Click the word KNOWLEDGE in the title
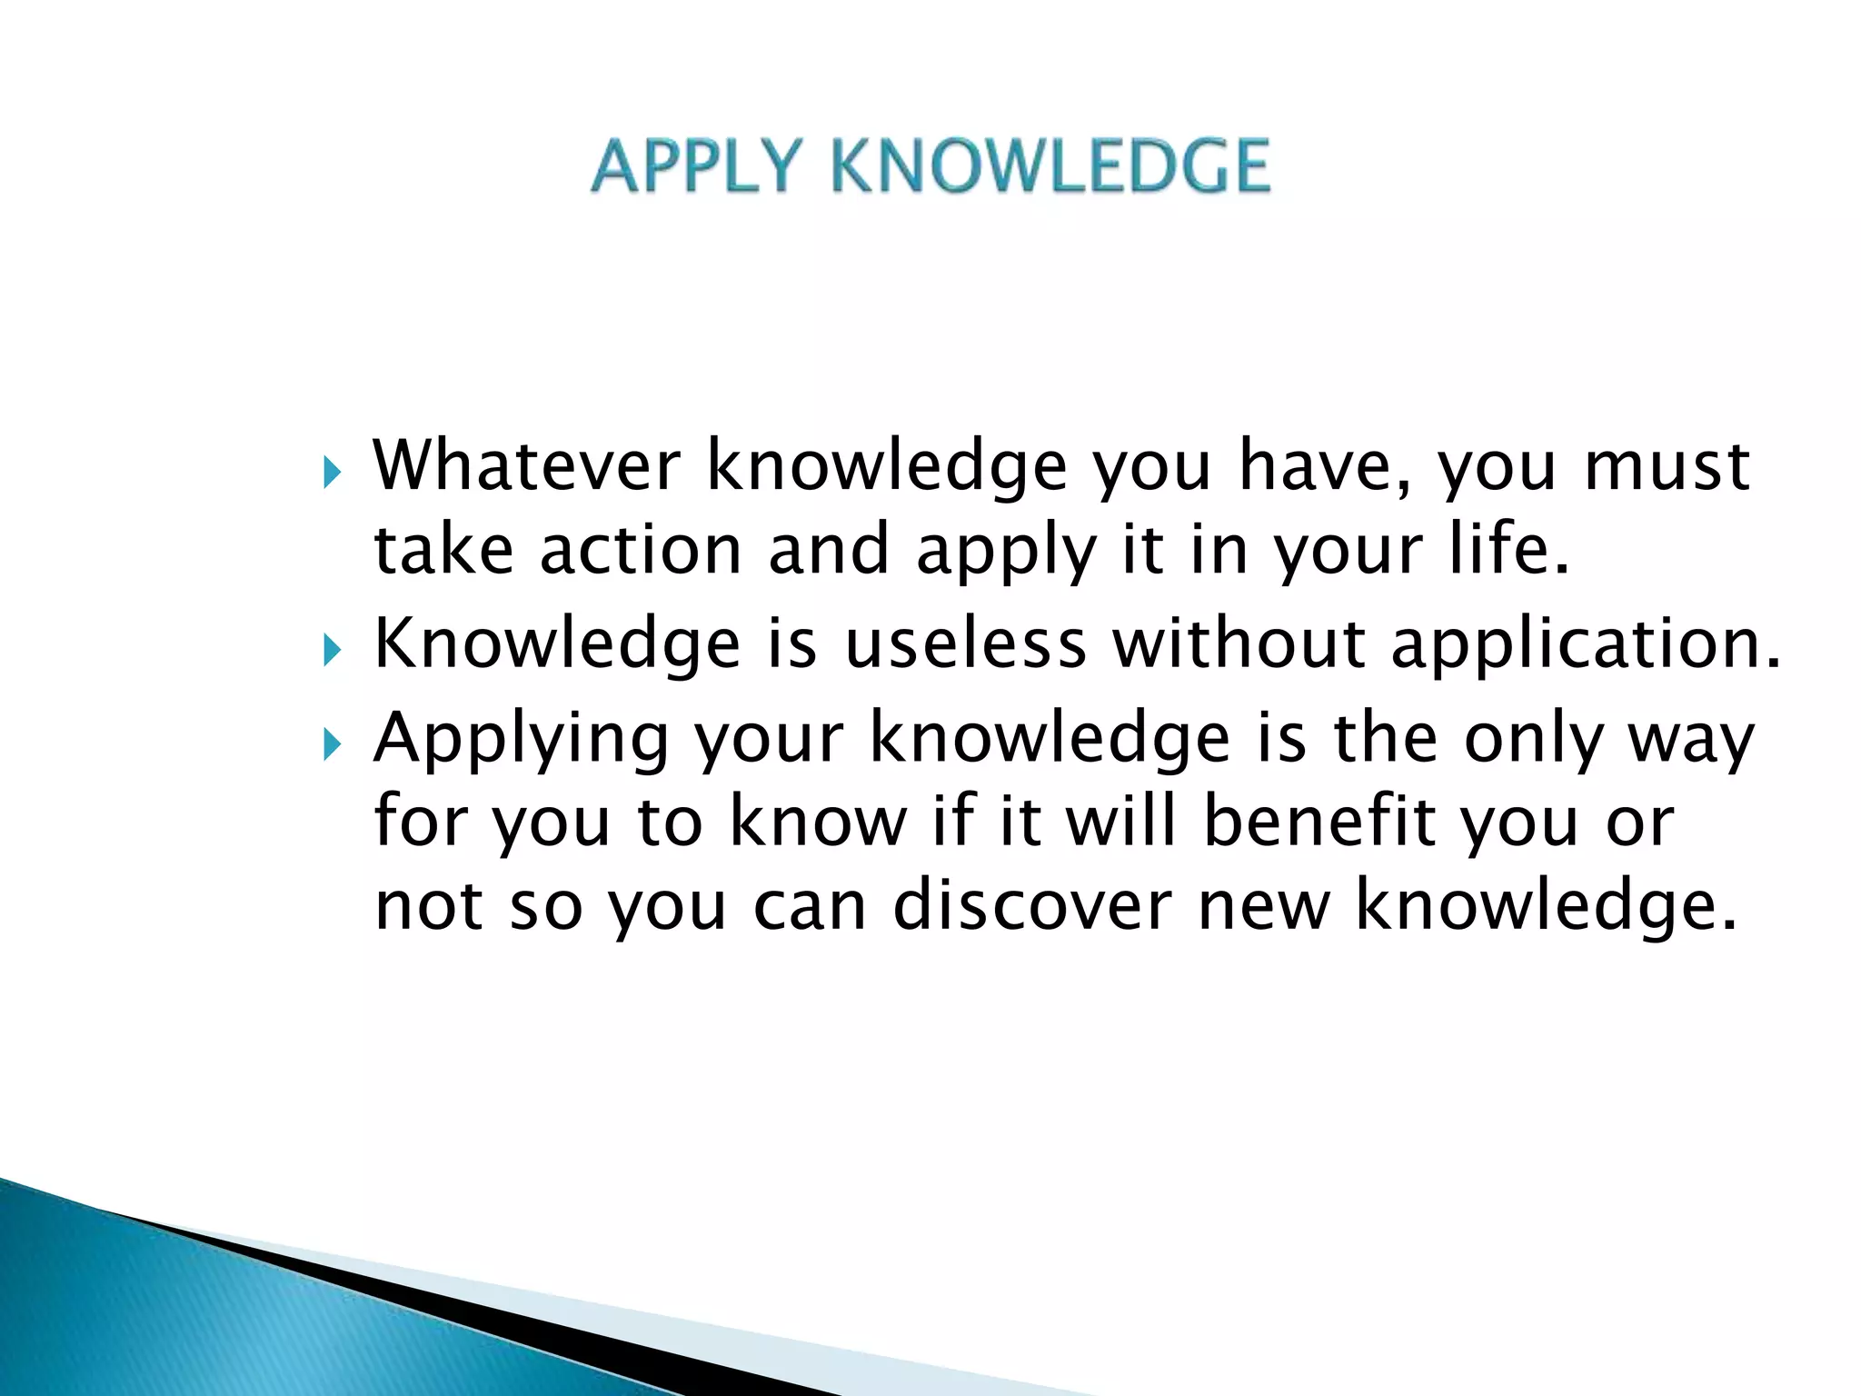tap(1050, 166)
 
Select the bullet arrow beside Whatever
tap(332, 473)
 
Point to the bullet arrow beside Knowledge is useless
tap(332, 651)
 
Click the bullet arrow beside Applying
tap(332, 746)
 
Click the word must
tap(1667, 466)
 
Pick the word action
tap(641, 550)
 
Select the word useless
tap(965, 643)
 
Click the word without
tap(1240, 643)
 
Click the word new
tap(1264, 907)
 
